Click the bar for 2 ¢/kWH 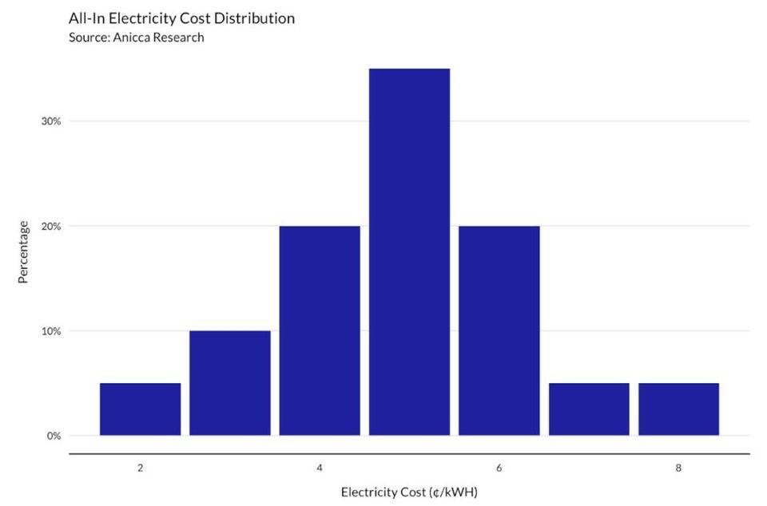pos(140,409)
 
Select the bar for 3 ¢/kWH pos(230,383)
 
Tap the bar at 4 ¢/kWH pos(320,330)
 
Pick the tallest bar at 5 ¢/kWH pos(409,252)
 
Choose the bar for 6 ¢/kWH pos(499,330)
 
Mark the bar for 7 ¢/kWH pos(589,409)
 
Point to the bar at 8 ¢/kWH pos(678,409)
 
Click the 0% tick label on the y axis pos(54,436)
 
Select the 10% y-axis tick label pos(51,331)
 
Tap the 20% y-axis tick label pos(51,226)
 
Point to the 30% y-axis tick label pos(51,121)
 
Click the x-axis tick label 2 pos(140,468)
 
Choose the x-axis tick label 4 pos(320,468)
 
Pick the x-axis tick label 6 pos(499,468)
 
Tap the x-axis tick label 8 pos(678,468)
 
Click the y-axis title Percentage pos(24,252)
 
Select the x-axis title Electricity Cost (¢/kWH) pos(409,492)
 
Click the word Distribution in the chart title pos(255,18)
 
